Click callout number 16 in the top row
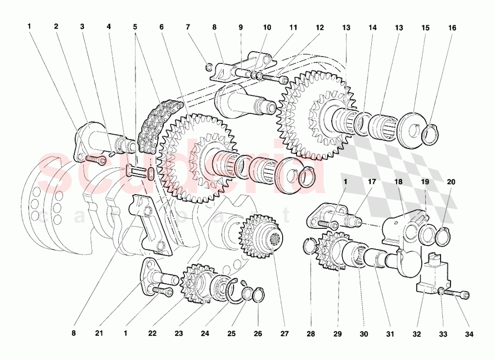tap(452, 28)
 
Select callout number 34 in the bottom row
tap(469, 334)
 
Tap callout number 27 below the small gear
tap(284, 334)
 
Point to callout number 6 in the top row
tap(161, 28)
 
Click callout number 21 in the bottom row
tap(99, 334)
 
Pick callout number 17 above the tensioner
tap(372, 181)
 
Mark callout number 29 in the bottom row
tap(337, 334)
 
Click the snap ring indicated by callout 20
tap(443, 236)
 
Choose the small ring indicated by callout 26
tap(258, 296)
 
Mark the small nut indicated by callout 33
tap(440, 291)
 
